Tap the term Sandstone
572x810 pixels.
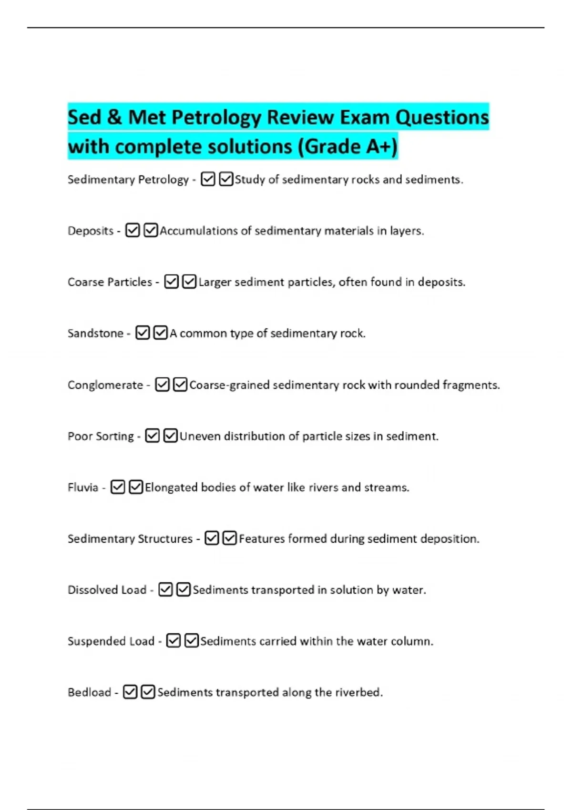[x=95, y=334]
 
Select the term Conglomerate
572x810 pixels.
[x=105, y=385]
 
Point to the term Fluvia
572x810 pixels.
[x=83, y=487]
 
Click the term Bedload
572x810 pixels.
[x=89, y=692]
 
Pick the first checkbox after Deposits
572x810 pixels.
[x=133, y=231]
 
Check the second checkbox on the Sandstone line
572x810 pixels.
[x=161, y=333]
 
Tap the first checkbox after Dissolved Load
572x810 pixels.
[x=165, y=590]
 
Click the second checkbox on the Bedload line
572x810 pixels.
[x=148, y=692]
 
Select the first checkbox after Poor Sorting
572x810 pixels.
[x=152, y=436]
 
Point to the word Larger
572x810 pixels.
[x=214, y=283]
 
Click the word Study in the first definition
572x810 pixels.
[x=249, y=180]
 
